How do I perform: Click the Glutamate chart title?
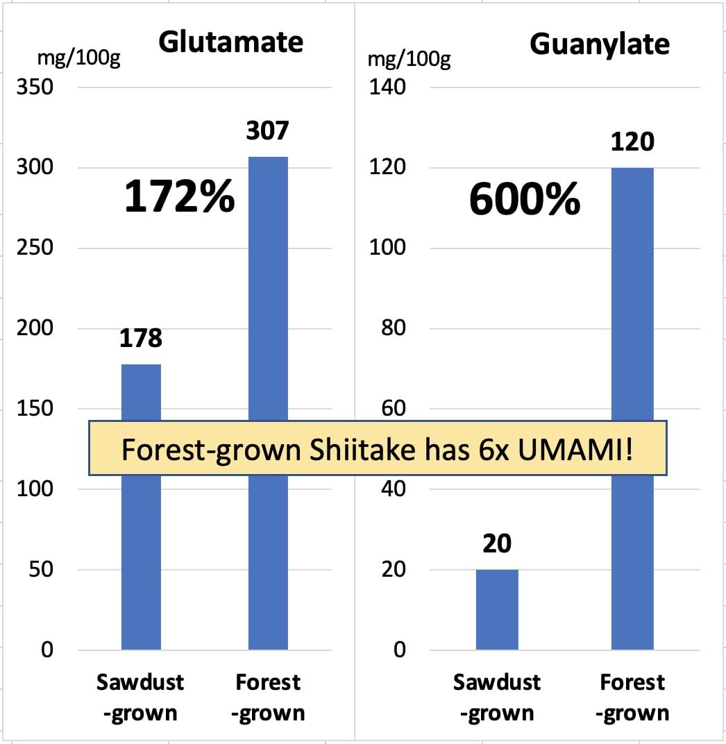pyautogui.click(x=230, y=42)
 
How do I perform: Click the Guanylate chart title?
pyautogui.click(x=600, y=44)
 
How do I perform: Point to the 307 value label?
pyautogui.click(x=267, y=130)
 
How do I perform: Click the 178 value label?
pyautogui.click(x=140, y=338)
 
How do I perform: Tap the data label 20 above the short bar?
pyautogui.click(x=497, y=543)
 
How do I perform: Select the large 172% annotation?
pyautogui.click(x=179, y=197)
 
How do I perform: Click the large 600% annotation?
pyautogui.click(x=525, y=201)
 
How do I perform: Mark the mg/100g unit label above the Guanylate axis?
pyautogui.click(x=409, y=60)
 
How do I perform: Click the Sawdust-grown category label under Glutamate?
pyautogui.click(x=140, y=697)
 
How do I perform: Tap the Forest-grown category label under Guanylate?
pyautogui.click(x=632, y=697)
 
